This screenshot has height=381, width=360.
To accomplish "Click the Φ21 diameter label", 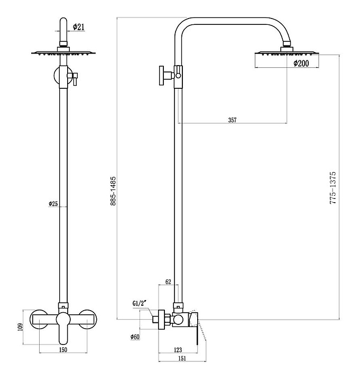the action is (x=79, y=27).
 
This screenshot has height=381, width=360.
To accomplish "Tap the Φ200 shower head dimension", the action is (x=301, y=63).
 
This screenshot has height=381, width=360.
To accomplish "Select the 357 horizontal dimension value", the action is (x=232, y=120).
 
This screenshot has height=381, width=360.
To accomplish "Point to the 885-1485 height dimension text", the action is (x=113, y=191).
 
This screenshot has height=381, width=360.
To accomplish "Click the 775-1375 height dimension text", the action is (x=333, y=187).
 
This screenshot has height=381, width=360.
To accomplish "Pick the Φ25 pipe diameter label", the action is (x=53, y=203).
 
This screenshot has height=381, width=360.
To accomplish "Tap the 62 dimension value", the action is (x=168, y=282).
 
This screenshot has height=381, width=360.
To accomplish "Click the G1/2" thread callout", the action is (x=140, y=304).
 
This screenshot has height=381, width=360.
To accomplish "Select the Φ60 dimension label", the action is (x=135, y=337).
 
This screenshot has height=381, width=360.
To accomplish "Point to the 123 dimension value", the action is (x=178, y=350).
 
